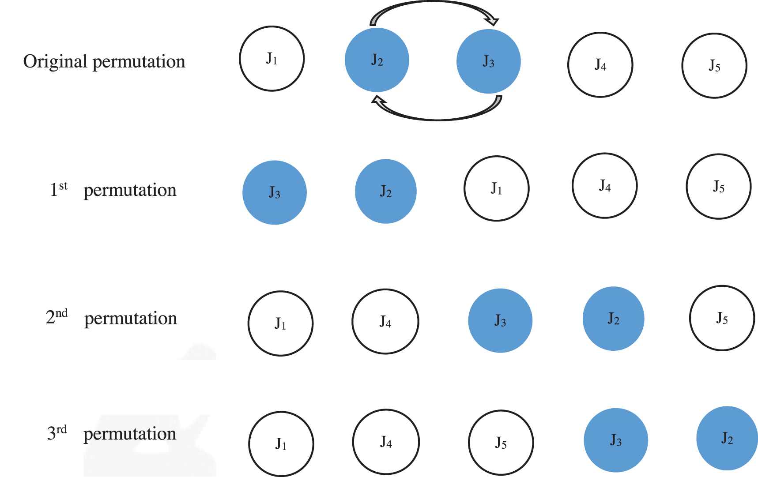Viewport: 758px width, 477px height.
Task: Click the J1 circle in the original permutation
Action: point(272,59)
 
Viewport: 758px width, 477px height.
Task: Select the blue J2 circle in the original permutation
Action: point(377,60)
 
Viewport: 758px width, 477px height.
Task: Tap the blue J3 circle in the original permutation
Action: point(489,61)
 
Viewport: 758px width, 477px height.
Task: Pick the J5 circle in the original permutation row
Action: point(714,66)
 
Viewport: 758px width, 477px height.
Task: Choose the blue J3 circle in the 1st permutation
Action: point(275,192)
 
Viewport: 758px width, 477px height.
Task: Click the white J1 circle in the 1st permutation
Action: point(497,188)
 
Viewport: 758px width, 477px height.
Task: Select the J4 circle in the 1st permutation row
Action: point(605,186)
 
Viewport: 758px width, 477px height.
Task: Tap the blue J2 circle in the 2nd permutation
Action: point(614,319)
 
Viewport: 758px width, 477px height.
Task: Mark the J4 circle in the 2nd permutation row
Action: point(385,321)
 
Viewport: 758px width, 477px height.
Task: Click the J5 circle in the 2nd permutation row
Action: point(722,318)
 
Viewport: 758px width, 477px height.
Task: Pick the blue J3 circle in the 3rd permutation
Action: point(616,440)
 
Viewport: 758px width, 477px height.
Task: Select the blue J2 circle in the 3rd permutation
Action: point(727,438)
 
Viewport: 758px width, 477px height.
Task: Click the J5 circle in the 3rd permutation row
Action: point(501,443)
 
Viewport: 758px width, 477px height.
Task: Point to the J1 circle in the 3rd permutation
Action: point(281,443)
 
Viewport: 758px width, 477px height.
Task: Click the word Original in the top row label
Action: point(55,61)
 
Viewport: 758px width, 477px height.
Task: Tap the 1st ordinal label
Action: point(59,189)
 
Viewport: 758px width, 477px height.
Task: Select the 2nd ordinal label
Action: point(57,317)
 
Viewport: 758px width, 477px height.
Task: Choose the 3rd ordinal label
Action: point(57,433)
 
